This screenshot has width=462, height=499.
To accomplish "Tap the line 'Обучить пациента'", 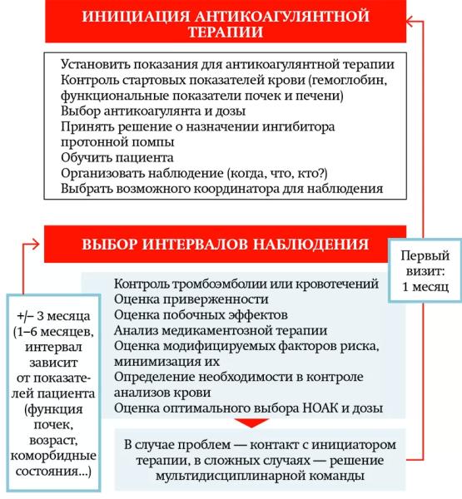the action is coord(117,157).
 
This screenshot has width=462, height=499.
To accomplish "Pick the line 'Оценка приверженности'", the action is coord(191,299).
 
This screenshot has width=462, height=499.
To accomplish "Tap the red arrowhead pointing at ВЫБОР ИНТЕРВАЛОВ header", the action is coord(35,244).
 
